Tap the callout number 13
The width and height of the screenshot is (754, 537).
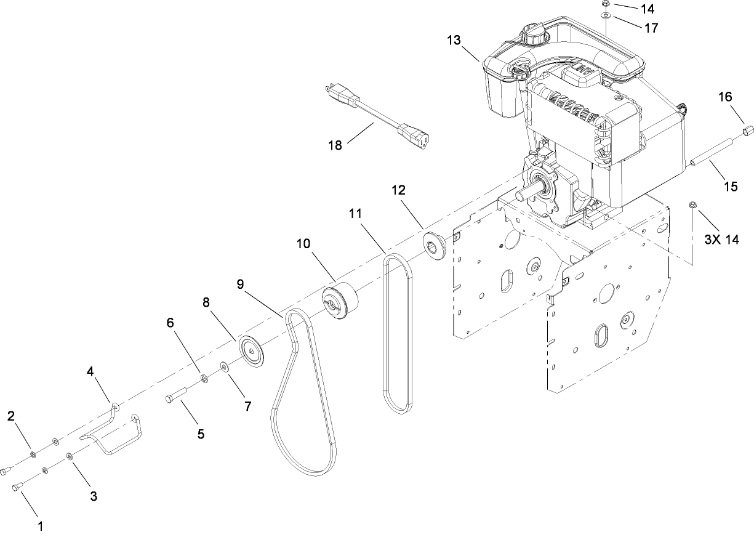[x=454, y=41]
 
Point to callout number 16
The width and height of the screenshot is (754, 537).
[x=725, y=97]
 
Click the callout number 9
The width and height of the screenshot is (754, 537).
[x=240, y=284]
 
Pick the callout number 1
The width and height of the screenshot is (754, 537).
[x=41, y=527]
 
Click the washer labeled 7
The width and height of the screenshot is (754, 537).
[x=225, y=368]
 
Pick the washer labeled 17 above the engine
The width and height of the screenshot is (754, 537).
[x=606, y=15]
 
